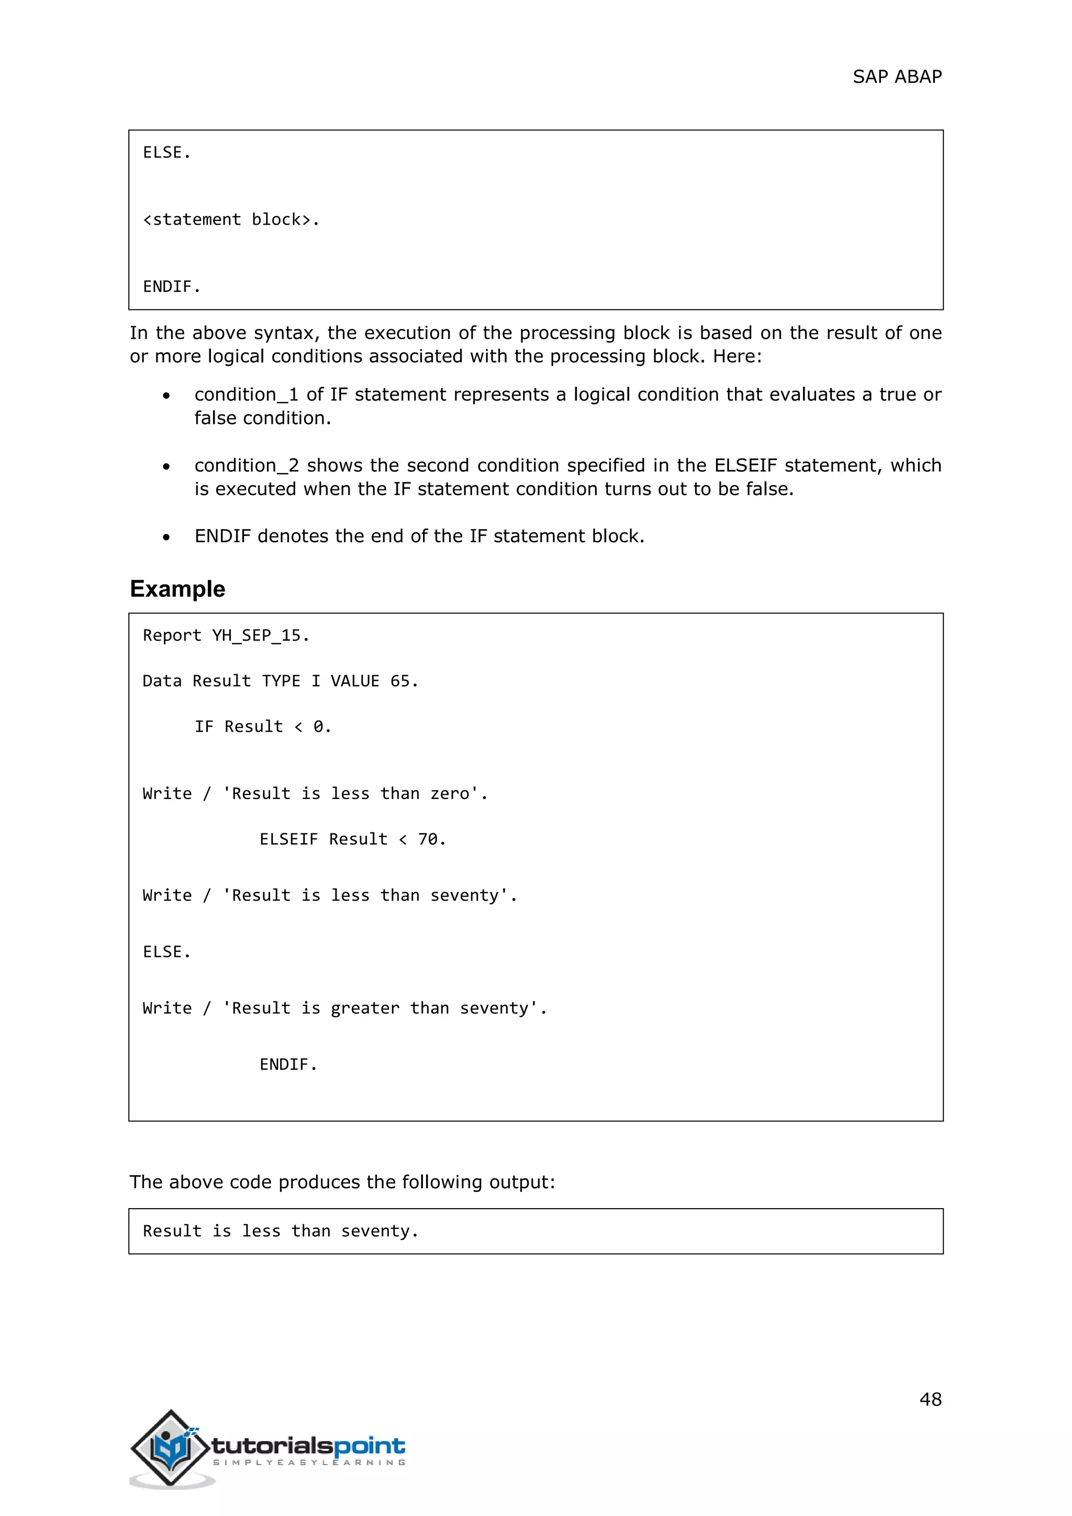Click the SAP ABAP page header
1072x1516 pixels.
897,76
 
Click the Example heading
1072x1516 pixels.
177,588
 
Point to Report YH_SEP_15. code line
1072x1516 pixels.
226,635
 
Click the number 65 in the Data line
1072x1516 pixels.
400,681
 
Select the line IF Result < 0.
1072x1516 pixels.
263,726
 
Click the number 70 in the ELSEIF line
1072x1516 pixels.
428,839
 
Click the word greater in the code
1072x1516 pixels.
365,1008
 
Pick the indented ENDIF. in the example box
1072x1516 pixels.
288,1064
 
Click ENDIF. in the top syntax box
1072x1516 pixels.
172,286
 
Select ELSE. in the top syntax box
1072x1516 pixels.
166,152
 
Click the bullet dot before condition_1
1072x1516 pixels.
166,396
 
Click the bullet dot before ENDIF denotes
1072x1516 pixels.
166,537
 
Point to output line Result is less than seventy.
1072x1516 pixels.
281,1231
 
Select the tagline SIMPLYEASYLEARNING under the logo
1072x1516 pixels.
309,1463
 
